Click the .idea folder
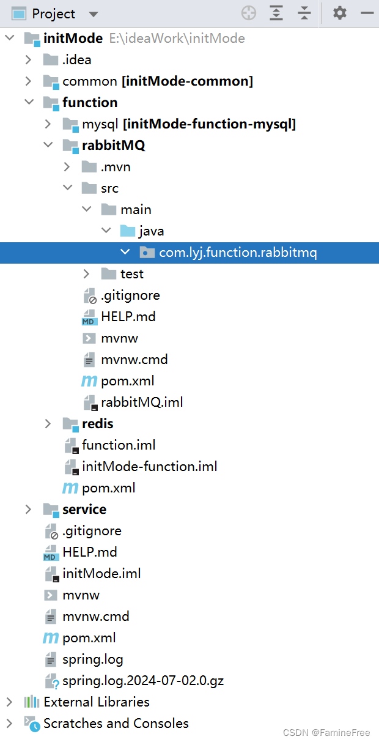click(76, 59)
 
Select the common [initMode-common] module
click(157, 81)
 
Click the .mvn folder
click(116, 166)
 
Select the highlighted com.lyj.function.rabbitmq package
click(238, 252)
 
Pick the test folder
click(132, 273)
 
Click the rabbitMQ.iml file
click(142, 402)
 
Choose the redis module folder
click(97, 423)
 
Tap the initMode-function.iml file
click(149, 466)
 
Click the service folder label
click(84, 509)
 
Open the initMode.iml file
click(101, 573)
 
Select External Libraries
click(96, 702)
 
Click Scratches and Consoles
click(116, 723)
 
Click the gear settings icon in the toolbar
click(339, 13)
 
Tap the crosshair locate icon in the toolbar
click(248, 13)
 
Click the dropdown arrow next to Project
click(93, 14)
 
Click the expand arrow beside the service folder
click(28, 509)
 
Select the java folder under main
click(151, 231)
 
